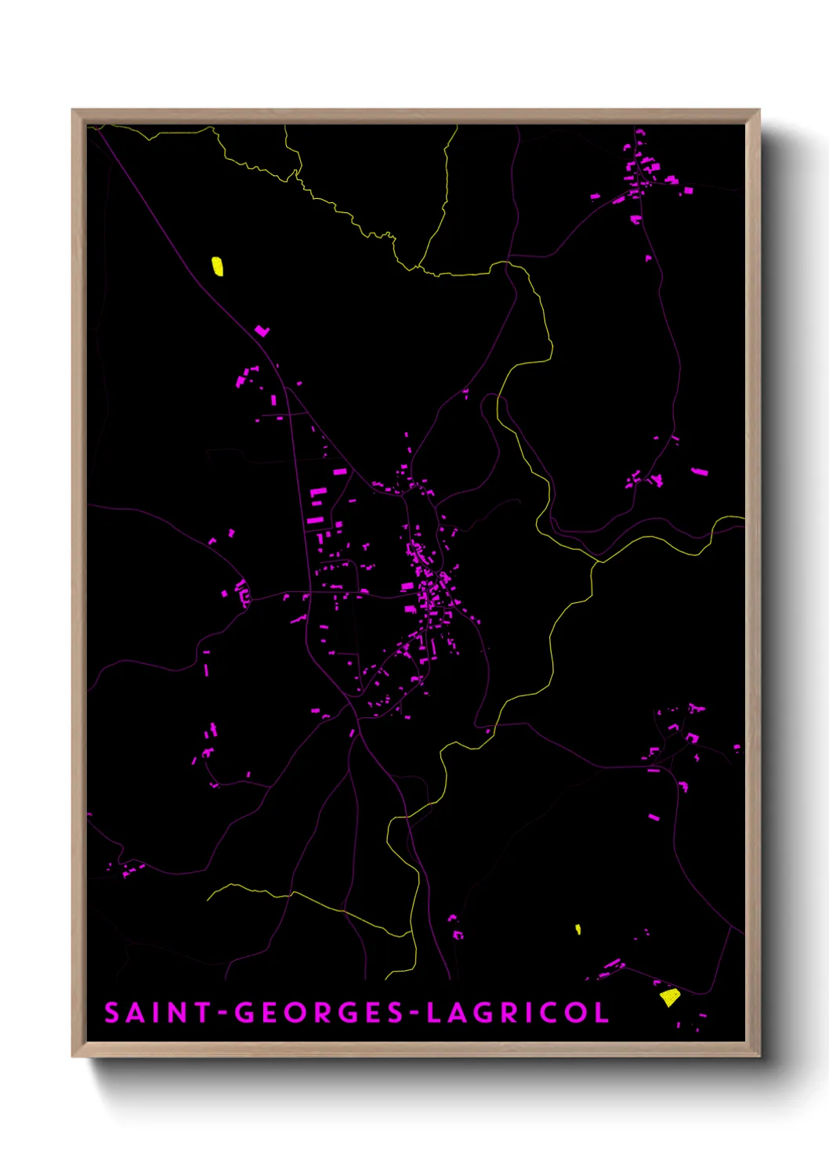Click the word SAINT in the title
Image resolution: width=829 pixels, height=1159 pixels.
[x=157, y=1013]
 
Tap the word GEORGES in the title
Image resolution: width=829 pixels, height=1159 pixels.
[x=318, y=1013]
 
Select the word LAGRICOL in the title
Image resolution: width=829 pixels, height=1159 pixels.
[x=518, y=1013]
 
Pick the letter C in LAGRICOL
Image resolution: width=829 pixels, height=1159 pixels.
[x=552, y=1013]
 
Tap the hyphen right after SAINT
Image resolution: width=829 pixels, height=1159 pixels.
[x=223, y=1014]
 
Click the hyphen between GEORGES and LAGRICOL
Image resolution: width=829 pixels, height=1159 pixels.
[x=415, y=1014]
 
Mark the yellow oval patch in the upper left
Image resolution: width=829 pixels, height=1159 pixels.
[x=218, y=266]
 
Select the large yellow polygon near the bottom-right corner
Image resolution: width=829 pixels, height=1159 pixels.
[x=669, y=997]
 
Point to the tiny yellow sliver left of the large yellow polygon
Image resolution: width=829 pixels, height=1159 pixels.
[x=578, y=930]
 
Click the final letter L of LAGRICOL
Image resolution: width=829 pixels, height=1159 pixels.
[x=602, y=1013]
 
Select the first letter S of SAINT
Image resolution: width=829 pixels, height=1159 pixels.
[x=112, y=1013]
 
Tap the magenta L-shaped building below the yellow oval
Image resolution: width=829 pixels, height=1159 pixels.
[x=262, y=331]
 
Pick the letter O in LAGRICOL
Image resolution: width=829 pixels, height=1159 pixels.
[x=577, y=1013]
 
